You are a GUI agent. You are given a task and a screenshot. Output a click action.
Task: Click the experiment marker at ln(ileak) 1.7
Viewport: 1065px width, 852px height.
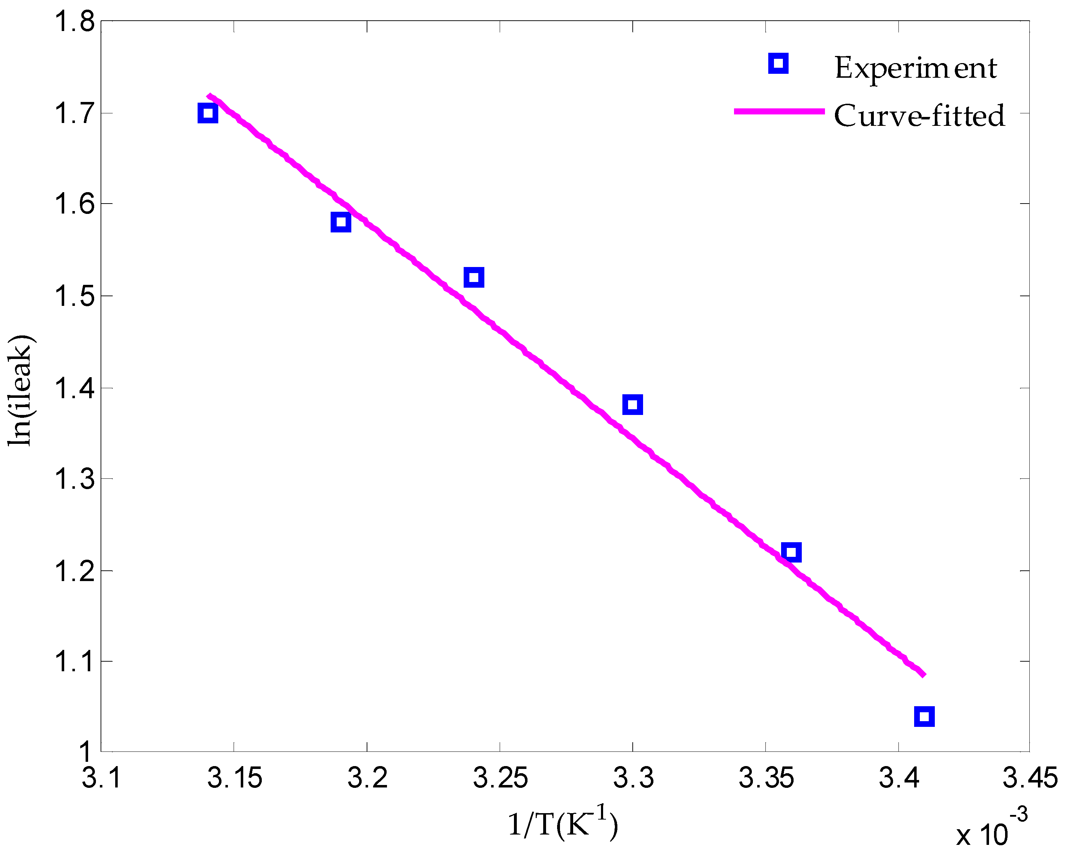[208, 113]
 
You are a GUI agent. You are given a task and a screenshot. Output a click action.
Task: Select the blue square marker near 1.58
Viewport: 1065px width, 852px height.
[340, 222]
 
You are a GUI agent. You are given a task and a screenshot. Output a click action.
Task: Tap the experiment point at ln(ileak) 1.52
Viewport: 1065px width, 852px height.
[474, 277]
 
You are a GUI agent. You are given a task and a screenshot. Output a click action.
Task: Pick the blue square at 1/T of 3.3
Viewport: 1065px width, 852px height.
[632, 405]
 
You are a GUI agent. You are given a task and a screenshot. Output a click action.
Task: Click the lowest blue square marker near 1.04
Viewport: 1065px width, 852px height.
[924, 716]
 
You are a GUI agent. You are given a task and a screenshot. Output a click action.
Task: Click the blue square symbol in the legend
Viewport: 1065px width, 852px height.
[778, 63]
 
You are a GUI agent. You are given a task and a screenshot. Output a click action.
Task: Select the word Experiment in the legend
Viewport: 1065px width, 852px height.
[915, 68]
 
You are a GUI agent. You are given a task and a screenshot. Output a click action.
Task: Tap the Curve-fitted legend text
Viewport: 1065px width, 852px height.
[919, 116]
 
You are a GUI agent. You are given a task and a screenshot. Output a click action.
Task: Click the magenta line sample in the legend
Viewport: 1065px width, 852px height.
[779, 112]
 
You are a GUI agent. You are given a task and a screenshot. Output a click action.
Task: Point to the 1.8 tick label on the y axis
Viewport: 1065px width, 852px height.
[74, 22]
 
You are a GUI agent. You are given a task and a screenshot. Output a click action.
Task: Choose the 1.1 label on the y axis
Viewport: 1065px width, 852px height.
[74, 662]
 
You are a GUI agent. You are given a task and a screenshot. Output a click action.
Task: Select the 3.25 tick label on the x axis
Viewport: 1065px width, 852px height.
[500, 779]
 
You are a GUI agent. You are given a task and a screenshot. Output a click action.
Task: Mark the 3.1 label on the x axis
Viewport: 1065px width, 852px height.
[101, 779]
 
